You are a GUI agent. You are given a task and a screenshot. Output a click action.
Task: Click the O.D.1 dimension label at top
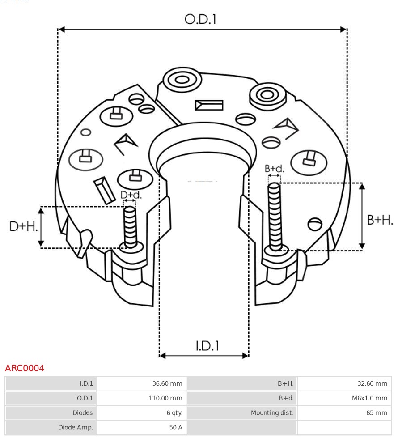pos(200,19)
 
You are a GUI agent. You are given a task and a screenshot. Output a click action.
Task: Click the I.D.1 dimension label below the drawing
pos(207,346)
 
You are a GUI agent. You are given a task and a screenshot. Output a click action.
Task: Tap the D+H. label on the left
pos(23,226)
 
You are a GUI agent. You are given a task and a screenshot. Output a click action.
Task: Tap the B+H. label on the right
pos(380,220)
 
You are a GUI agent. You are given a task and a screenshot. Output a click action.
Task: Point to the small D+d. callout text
pos(131,195)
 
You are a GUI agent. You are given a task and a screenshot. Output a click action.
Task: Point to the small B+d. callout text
pos(274,169)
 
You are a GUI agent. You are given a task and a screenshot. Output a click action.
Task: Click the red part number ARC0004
pos(25,368)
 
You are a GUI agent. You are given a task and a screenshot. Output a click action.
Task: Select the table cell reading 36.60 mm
pos(141,383)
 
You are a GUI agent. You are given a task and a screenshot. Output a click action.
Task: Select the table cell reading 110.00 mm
pos(141,398)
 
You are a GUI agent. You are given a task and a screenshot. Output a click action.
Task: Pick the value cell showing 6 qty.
pos(141,413)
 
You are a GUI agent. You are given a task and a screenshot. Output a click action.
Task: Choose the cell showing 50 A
pos(141,428)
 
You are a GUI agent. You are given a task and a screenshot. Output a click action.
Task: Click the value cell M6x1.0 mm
pos(344,398)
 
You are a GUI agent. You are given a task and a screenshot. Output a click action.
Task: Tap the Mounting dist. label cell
pos(242,413)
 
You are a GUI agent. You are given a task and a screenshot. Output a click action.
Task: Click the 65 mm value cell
pos(344,413)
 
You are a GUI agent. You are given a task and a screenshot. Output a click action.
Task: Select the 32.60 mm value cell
pos(344,383)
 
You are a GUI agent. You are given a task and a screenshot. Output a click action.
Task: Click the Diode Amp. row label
pos(51,428)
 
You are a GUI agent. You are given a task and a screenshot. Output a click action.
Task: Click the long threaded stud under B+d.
pos(275,215)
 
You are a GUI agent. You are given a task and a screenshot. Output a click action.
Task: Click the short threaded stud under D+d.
pos(130,226)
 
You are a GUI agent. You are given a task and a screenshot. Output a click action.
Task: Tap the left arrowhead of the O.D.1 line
pos(62,30)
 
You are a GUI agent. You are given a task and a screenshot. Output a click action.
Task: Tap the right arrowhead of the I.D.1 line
pos(245,356)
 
